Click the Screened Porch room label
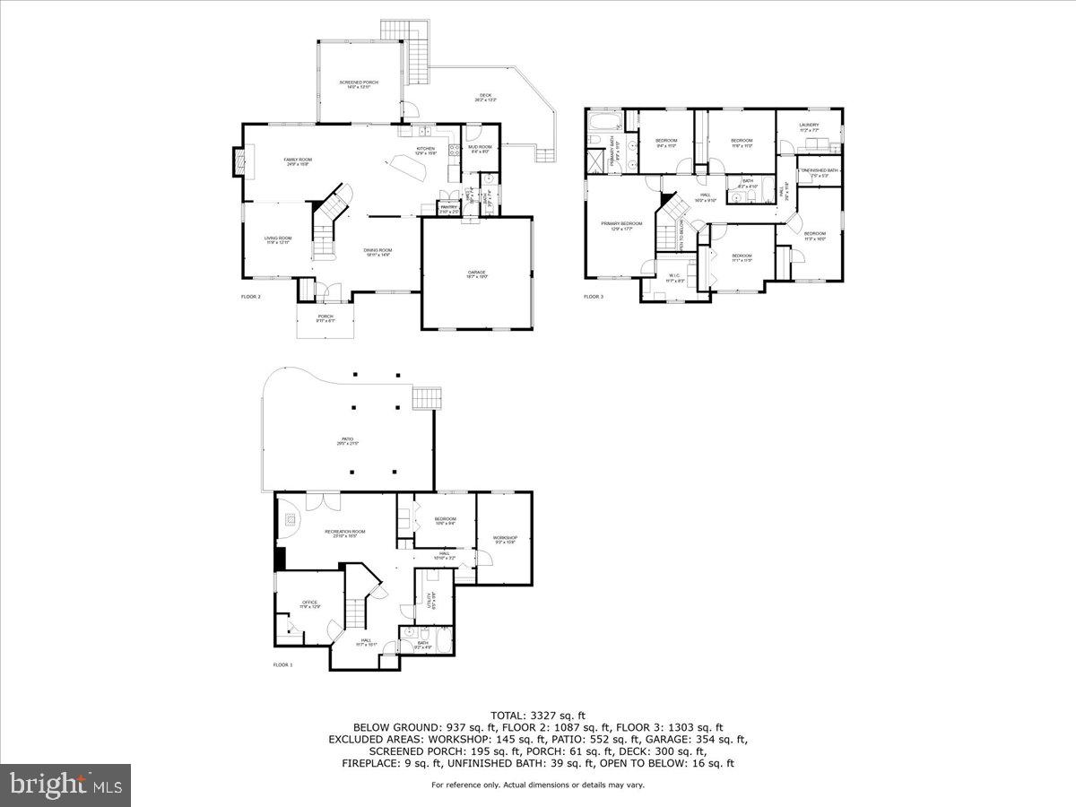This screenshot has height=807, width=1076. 354,82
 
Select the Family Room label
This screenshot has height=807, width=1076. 298,160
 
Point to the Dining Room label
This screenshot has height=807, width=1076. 377,250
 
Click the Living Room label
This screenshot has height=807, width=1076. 277,239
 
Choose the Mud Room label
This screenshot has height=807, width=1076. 480,147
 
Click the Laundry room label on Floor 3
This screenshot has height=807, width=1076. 809,126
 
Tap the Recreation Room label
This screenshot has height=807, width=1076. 345,532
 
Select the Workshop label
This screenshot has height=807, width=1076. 505,538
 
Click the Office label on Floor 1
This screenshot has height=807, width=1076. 309,603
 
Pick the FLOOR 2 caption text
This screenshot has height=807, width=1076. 251,296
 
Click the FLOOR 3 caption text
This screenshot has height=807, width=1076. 594,296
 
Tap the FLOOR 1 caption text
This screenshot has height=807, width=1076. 282,664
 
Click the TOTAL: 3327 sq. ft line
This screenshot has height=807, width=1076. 538,715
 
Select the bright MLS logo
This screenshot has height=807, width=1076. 65,785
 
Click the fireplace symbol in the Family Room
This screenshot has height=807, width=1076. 239,162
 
